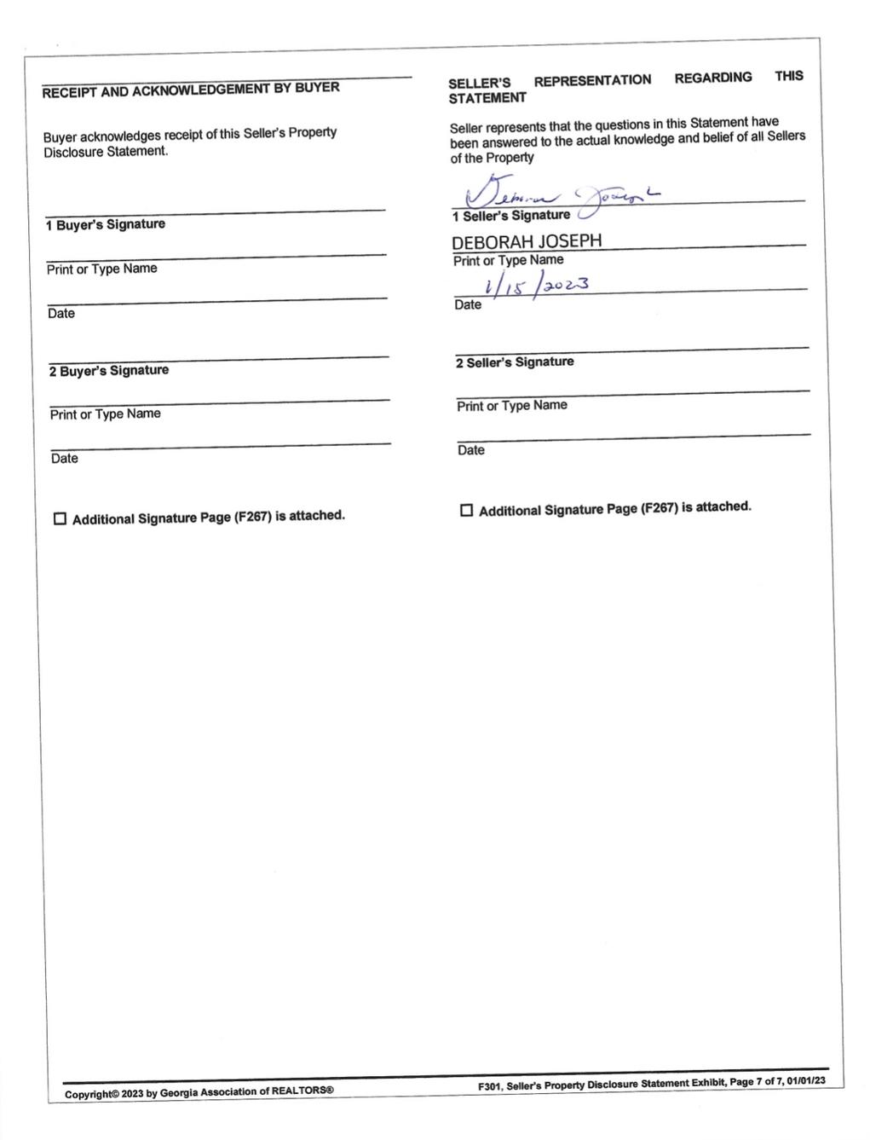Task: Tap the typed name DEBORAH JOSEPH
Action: coord(527,241)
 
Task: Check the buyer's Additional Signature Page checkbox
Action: coord(60,519)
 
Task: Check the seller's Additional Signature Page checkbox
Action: coord(466,511)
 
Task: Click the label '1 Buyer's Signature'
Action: coord(106,224)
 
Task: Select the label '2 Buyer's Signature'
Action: coord(109,371)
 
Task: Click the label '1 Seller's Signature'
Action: coord(511,216)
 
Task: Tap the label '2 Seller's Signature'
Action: coord(515,362)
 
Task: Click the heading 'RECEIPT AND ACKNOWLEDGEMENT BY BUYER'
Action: coord(191,89)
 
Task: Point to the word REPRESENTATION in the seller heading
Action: coord(592,80)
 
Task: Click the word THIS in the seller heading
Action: coord(789,76)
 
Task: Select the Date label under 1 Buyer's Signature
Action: coord(61,314)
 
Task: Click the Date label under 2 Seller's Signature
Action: coord(470,450)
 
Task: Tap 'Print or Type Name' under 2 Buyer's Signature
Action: coord(105,414)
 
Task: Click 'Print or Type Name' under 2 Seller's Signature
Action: coord(511,406)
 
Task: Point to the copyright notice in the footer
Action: coord(199,1092)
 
